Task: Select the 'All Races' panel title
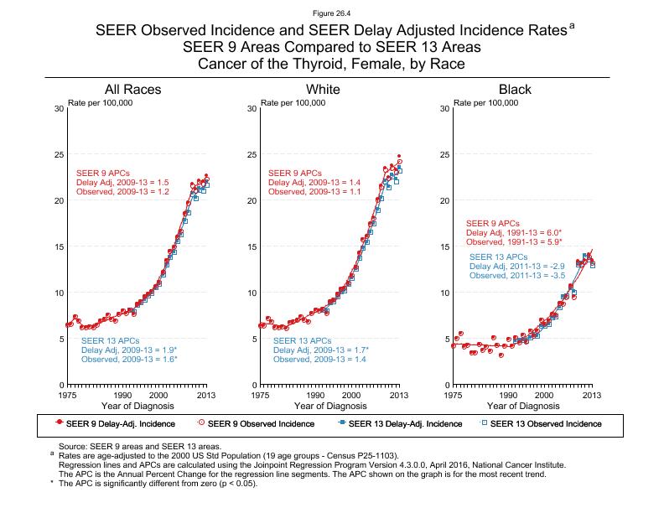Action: [132, 90]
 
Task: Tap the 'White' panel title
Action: [324, 90]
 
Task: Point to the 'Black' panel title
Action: [515, 90]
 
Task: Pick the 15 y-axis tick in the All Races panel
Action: [56, 247]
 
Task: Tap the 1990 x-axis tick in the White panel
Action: [315, 394]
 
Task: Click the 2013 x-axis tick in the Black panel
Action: [592, 394]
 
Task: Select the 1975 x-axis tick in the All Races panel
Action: [68, 394]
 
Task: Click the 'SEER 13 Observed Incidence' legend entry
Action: [546, 424]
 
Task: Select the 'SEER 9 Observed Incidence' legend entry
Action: [255, 424]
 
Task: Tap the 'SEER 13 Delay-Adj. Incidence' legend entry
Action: [399, 424]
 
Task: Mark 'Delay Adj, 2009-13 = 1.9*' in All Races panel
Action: [130, 350]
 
